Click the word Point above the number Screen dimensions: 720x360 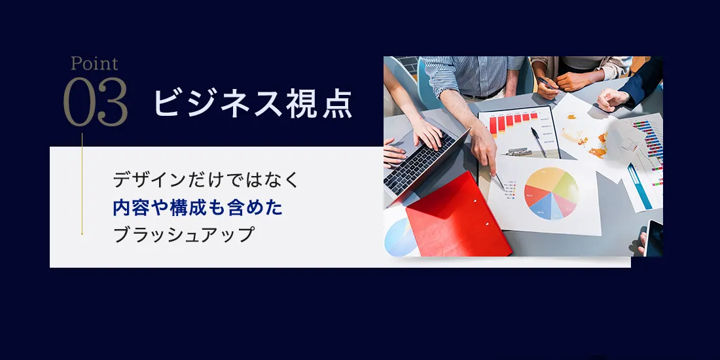tap(95, 63)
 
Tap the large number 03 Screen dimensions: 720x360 tap(96, 102)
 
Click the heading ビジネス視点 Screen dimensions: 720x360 tap(253, 103)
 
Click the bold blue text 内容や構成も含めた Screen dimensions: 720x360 tap(198, 208)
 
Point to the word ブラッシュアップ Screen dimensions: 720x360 tap(183, 235)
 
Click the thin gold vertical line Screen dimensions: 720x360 tap(82, 184)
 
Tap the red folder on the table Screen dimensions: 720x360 tap(458, 216)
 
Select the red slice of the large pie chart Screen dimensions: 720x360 tap(537, 194)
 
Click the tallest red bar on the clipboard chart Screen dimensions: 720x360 tap(493, 125)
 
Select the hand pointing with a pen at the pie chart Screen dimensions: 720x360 tap(483, 146)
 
